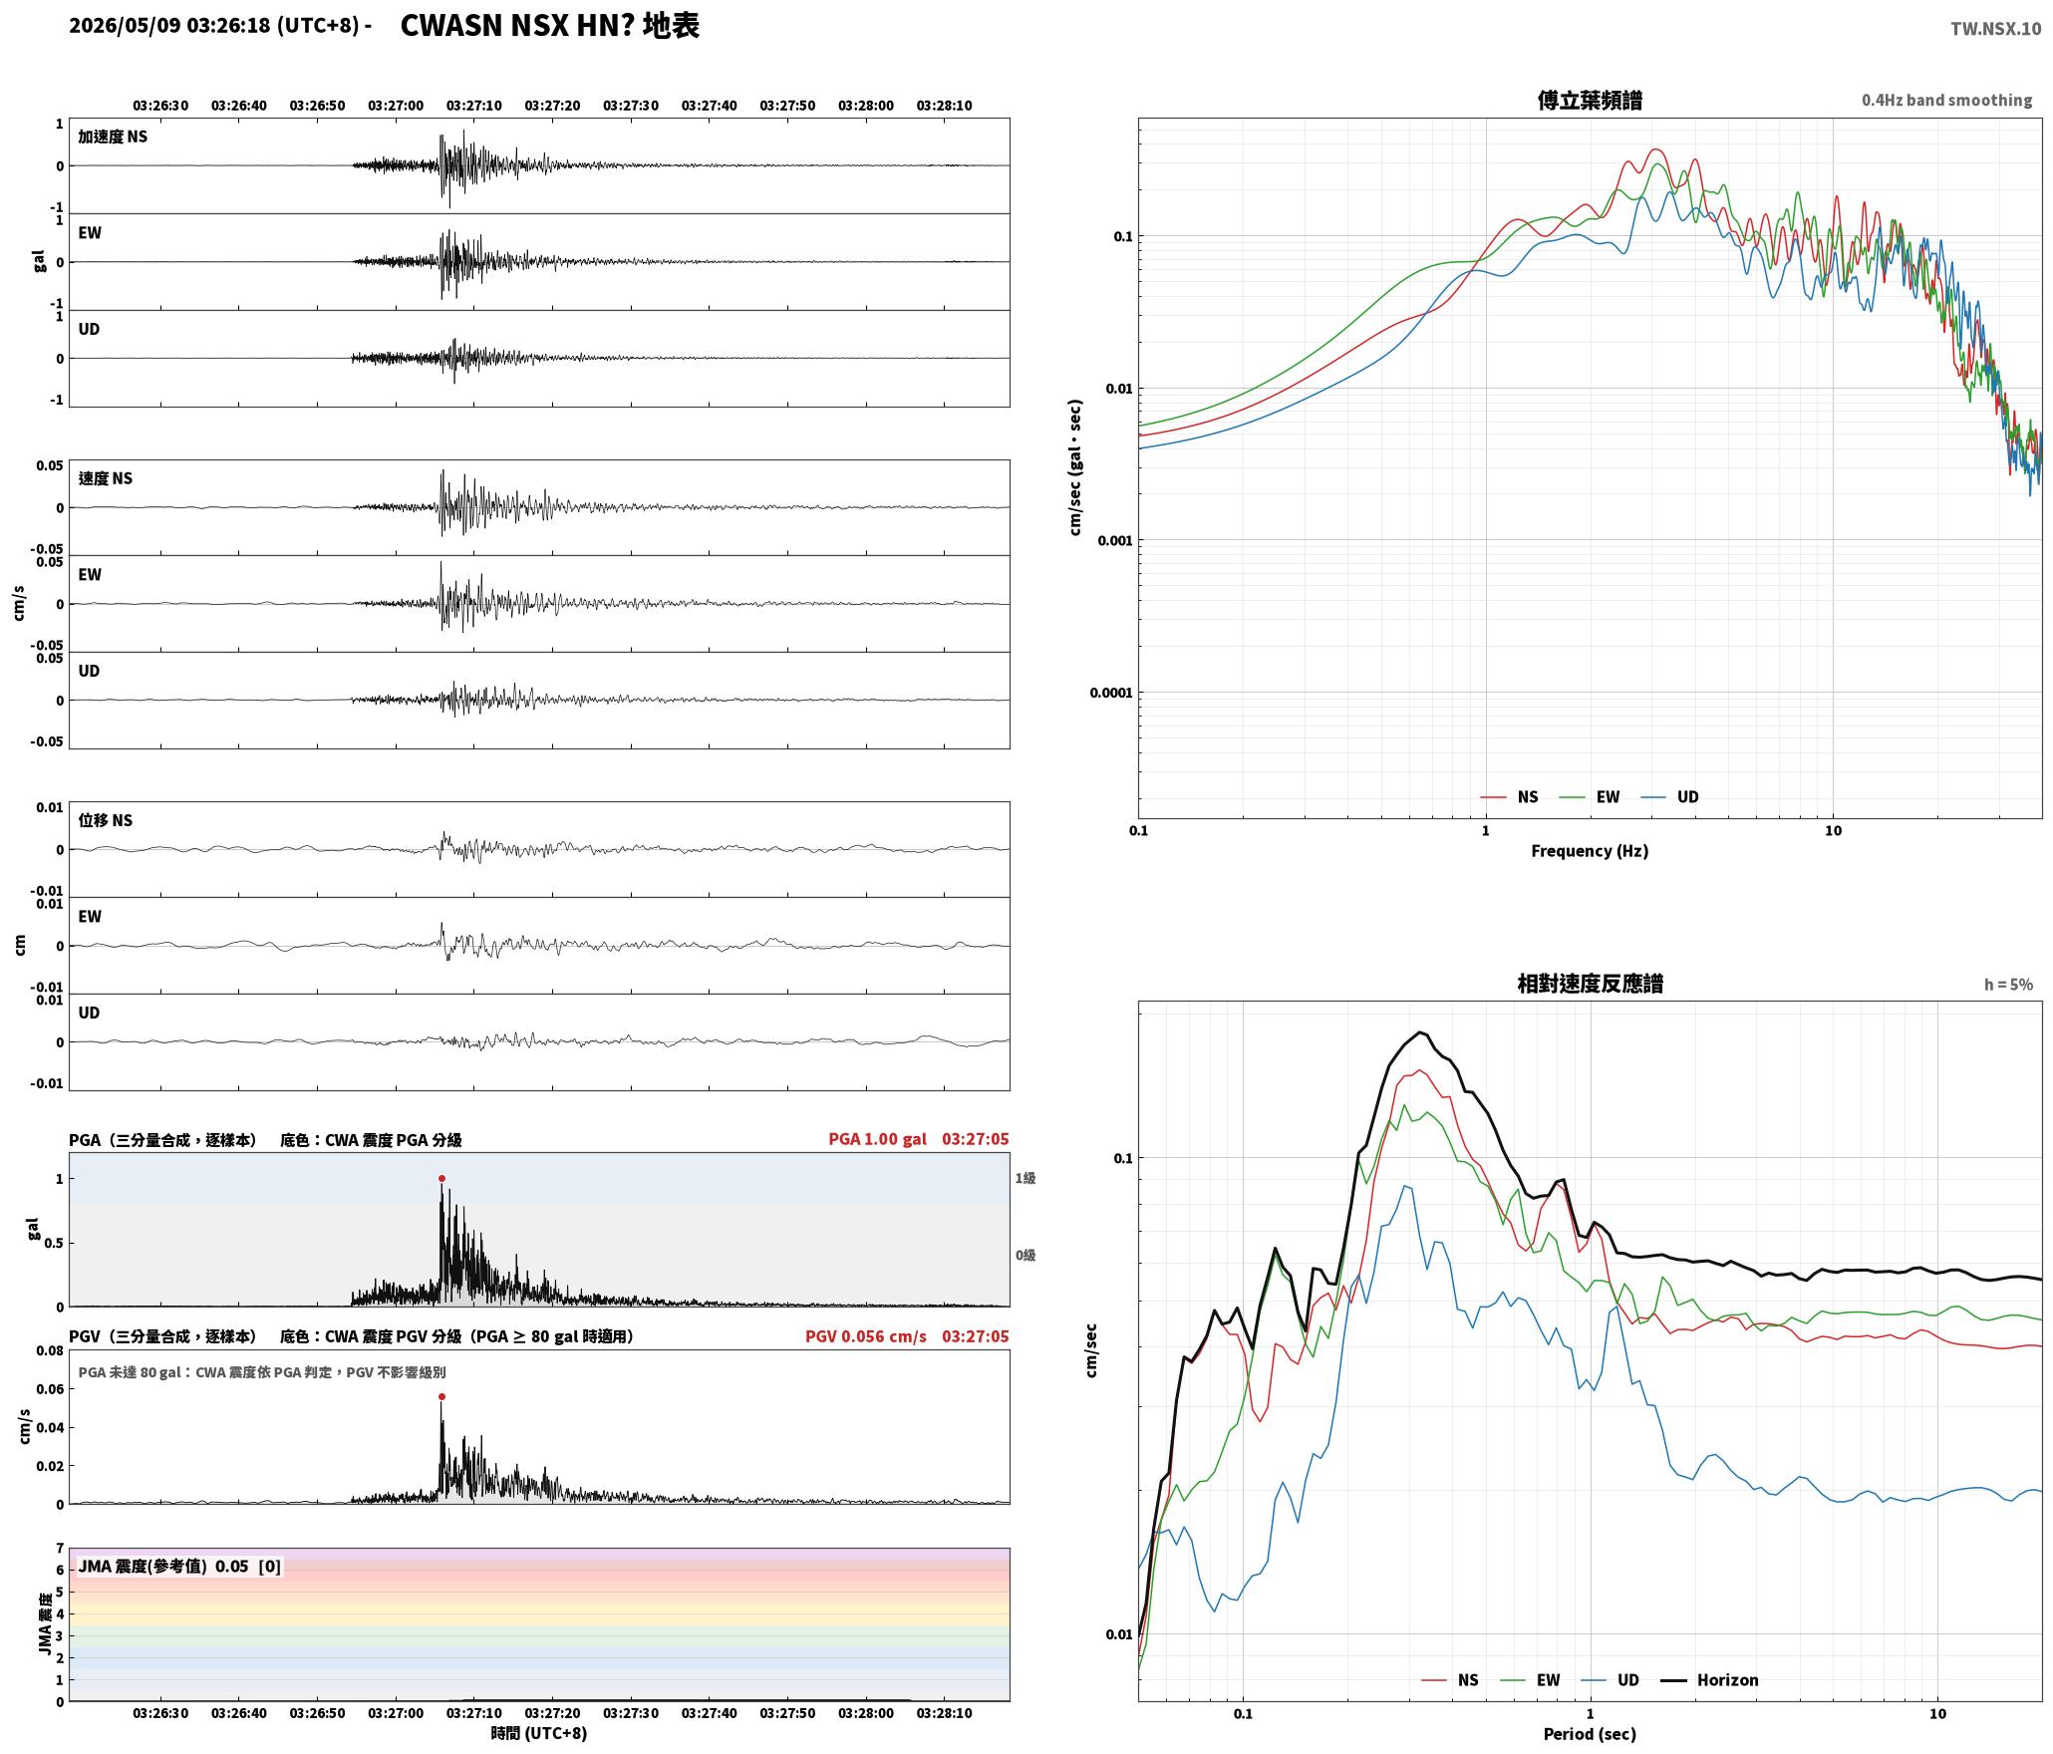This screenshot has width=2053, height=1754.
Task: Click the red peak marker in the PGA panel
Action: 441,1178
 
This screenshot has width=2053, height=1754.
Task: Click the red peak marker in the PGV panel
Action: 441,1396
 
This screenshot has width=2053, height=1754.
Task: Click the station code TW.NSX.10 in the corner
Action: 1995,29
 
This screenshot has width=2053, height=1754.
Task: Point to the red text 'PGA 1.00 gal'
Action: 877,1139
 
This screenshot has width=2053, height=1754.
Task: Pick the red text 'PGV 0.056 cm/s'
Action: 865,1336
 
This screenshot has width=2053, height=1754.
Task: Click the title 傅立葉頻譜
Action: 1590,101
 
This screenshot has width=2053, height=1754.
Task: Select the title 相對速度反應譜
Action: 1590,984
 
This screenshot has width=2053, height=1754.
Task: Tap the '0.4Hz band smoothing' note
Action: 1946,101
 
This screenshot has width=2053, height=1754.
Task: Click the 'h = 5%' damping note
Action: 2008,985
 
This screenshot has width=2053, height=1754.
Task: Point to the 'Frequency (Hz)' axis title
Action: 1590,851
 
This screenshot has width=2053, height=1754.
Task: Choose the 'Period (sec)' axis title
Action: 1590,1734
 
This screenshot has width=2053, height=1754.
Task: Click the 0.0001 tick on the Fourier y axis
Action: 1111,693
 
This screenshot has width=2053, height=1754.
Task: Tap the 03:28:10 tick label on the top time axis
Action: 944,106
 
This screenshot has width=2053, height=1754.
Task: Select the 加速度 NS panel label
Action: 113,137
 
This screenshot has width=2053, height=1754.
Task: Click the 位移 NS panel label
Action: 105,820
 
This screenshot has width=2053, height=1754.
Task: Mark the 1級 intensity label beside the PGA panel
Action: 1026,1178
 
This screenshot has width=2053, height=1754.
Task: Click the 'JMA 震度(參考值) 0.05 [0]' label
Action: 179,1567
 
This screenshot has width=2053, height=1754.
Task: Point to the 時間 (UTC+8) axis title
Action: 538,1733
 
